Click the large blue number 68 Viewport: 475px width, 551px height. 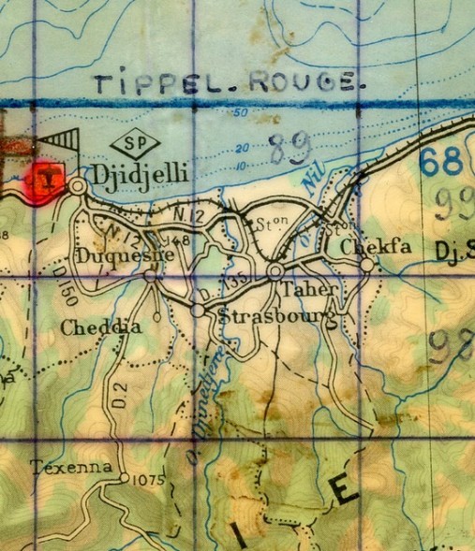[440, 162]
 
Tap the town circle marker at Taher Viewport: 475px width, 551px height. [275, 271]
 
